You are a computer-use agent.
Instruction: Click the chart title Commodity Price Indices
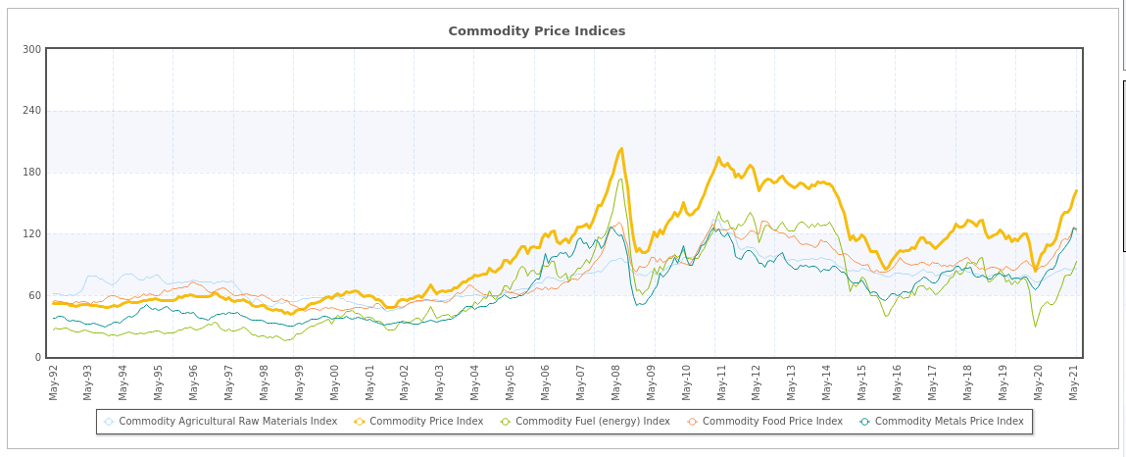click(536, 31)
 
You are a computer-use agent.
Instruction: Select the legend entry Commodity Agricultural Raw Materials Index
click(227, 422)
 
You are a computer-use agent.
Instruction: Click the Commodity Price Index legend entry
click(425, 422)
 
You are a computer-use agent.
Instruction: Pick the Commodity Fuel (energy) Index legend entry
click(592, 422)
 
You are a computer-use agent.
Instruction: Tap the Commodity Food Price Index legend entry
click(771, 422)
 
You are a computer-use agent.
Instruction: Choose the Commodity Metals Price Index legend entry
click(949, 422)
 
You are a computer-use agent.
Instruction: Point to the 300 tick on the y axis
click(31, 49)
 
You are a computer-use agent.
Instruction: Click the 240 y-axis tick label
click(31, 111)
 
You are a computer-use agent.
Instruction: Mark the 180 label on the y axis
click(31, 173)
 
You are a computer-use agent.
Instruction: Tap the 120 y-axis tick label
click(31, 234)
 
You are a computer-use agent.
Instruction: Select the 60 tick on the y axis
click(34, 296)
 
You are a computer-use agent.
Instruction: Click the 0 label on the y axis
click(37, 358)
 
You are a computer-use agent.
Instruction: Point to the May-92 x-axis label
click(53, 381)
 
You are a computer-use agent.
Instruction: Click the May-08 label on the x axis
click(615, 381)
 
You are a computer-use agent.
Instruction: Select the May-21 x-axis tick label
click(1073, 381)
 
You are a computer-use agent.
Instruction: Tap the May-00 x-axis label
click(334, 381)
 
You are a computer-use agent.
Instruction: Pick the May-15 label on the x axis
click(862, 381)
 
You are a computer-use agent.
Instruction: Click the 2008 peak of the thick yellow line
click(621, 149)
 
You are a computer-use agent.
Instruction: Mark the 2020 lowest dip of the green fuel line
click(1035, 327)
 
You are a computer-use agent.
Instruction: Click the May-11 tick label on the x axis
click(721, 381)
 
